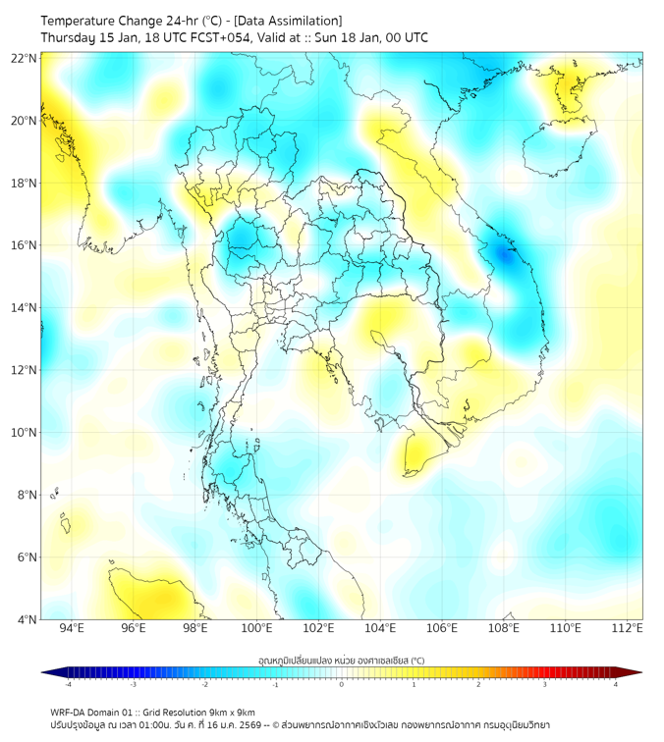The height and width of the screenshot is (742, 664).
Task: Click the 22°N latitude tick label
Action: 25,58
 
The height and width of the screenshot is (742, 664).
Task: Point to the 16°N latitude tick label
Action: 25,245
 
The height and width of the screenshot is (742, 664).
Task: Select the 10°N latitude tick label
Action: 25,433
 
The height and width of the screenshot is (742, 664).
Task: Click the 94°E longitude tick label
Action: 72,629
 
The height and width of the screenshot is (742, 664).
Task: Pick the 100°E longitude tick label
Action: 257,629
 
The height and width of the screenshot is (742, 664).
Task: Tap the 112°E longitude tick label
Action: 628,629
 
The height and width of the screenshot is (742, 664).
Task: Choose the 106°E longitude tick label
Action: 442,629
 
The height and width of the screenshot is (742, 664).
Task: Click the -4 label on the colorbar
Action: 67,684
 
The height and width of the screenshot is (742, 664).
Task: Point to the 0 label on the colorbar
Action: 342,684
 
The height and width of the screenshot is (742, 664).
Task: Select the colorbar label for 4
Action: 615,684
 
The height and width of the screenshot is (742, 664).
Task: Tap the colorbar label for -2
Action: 204,684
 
